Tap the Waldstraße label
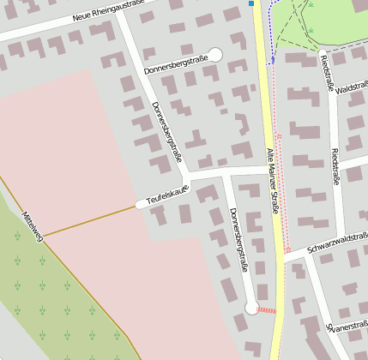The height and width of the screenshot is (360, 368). click(352, 89)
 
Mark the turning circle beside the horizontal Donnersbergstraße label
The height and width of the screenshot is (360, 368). click(214, 55)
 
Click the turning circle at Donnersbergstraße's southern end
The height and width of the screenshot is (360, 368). click(251, 307)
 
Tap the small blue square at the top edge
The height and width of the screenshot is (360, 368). click(251, 3)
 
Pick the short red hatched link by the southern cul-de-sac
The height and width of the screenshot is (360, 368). click(267, 309)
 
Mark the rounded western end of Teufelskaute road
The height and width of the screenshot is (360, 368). click(141, 204)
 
